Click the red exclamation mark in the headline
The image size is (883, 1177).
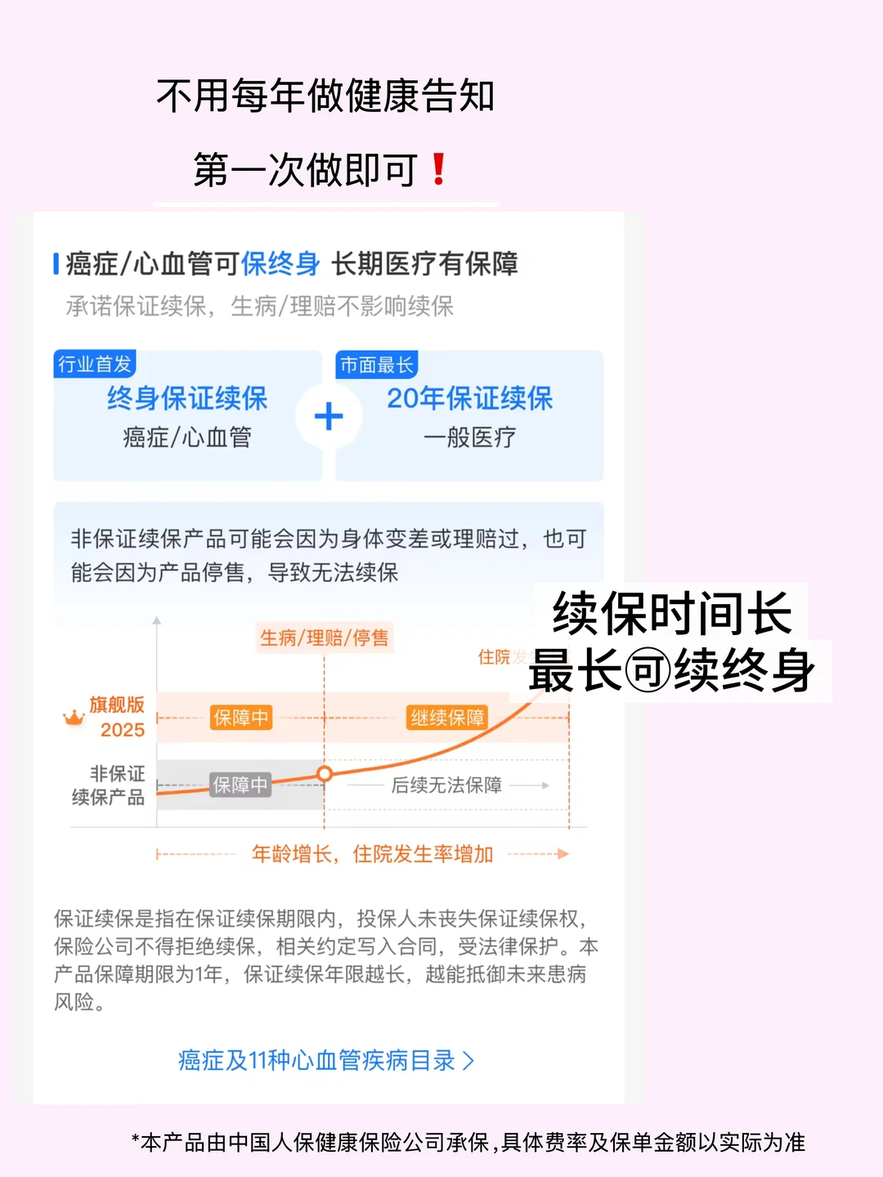click(438, 169)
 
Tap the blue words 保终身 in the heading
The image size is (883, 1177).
click(280, 264)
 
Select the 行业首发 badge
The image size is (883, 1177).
click(95, 364)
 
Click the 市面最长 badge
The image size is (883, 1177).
click(377, 365)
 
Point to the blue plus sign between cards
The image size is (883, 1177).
click(329, 417)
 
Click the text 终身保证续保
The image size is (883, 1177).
click(187, 398)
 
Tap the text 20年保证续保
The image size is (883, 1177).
click(469, 398)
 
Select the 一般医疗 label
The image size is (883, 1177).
click(469, 437)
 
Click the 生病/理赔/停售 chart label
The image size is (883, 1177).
click(325, 638)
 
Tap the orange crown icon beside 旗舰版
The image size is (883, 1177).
click(74, 718)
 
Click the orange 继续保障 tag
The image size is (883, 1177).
click(447, 718)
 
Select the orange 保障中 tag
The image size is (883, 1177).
click(240, 718)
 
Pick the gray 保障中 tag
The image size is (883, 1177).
click(240, 785)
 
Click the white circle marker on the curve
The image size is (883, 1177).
click(325, 773)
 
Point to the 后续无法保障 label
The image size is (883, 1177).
click(446, 785)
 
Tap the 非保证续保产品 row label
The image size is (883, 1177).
click(109, 785)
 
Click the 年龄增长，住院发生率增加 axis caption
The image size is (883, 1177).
click(373, 854)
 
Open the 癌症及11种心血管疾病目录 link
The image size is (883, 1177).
click(325, 1060)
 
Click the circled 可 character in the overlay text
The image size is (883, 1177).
click(648, 672)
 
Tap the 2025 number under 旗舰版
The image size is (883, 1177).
click(123, 730)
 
